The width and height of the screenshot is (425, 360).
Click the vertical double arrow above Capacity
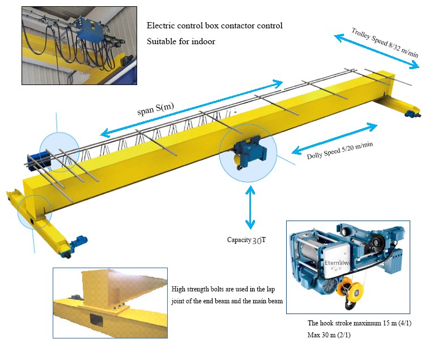(249, 209)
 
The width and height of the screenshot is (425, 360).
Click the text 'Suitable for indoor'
(181, 41)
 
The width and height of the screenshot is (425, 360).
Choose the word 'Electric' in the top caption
(160, 26)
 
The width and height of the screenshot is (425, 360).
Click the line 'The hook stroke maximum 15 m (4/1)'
(359, 323)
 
